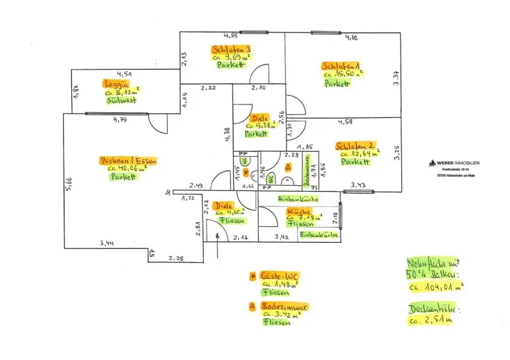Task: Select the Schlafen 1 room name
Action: [x=342, y=66]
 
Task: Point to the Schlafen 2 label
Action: [x=354, y=145]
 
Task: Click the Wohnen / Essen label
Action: [x=127, y=160]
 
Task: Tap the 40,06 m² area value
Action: [x=131, y=169]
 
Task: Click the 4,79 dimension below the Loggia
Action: [x=120, y=119]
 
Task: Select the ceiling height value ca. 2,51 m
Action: [x=432, y=320]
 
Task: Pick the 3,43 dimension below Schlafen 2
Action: [x=361, y=185]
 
